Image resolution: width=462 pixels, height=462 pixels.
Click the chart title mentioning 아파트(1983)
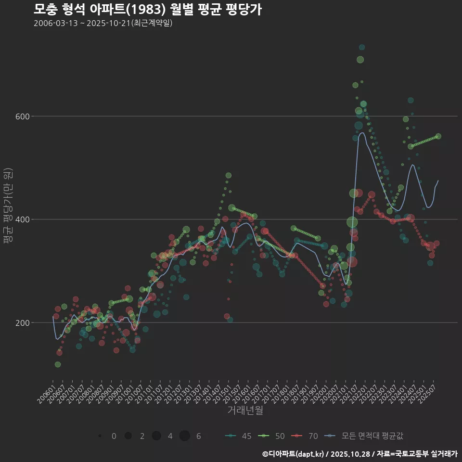click(x=148, y=10)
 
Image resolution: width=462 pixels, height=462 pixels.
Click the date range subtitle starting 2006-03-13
click(x=103, y=23)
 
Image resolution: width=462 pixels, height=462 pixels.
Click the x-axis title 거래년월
click(x=245, y=411)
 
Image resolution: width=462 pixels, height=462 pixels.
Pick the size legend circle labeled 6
click(x=185, y=436)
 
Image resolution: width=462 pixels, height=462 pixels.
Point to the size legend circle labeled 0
click(x=100, y=436)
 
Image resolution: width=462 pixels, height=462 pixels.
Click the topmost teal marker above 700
click(x=362, y=47)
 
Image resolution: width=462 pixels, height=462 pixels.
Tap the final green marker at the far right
click(x=438, y=136)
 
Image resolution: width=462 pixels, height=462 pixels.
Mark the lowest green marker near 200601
click(x=58, y=364)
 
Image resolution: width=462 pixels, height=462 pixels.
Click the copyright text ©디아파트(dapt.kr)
click(x=294, y=453)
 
